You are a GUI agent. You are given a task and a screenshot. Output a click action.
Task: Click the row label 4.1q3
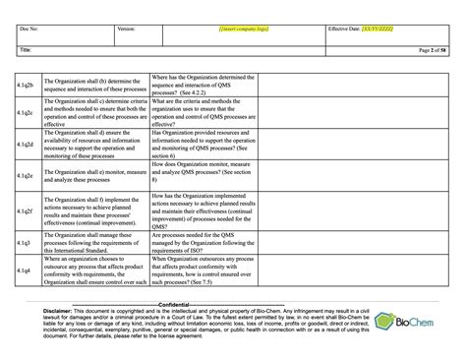pos(29,241)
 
